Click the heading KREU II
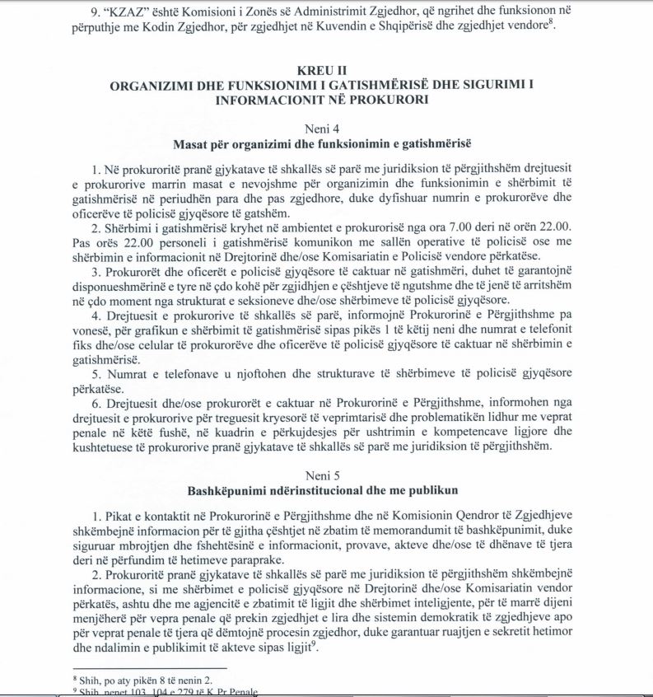pos(327,72)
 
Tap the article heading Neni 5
pos(327,476)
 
